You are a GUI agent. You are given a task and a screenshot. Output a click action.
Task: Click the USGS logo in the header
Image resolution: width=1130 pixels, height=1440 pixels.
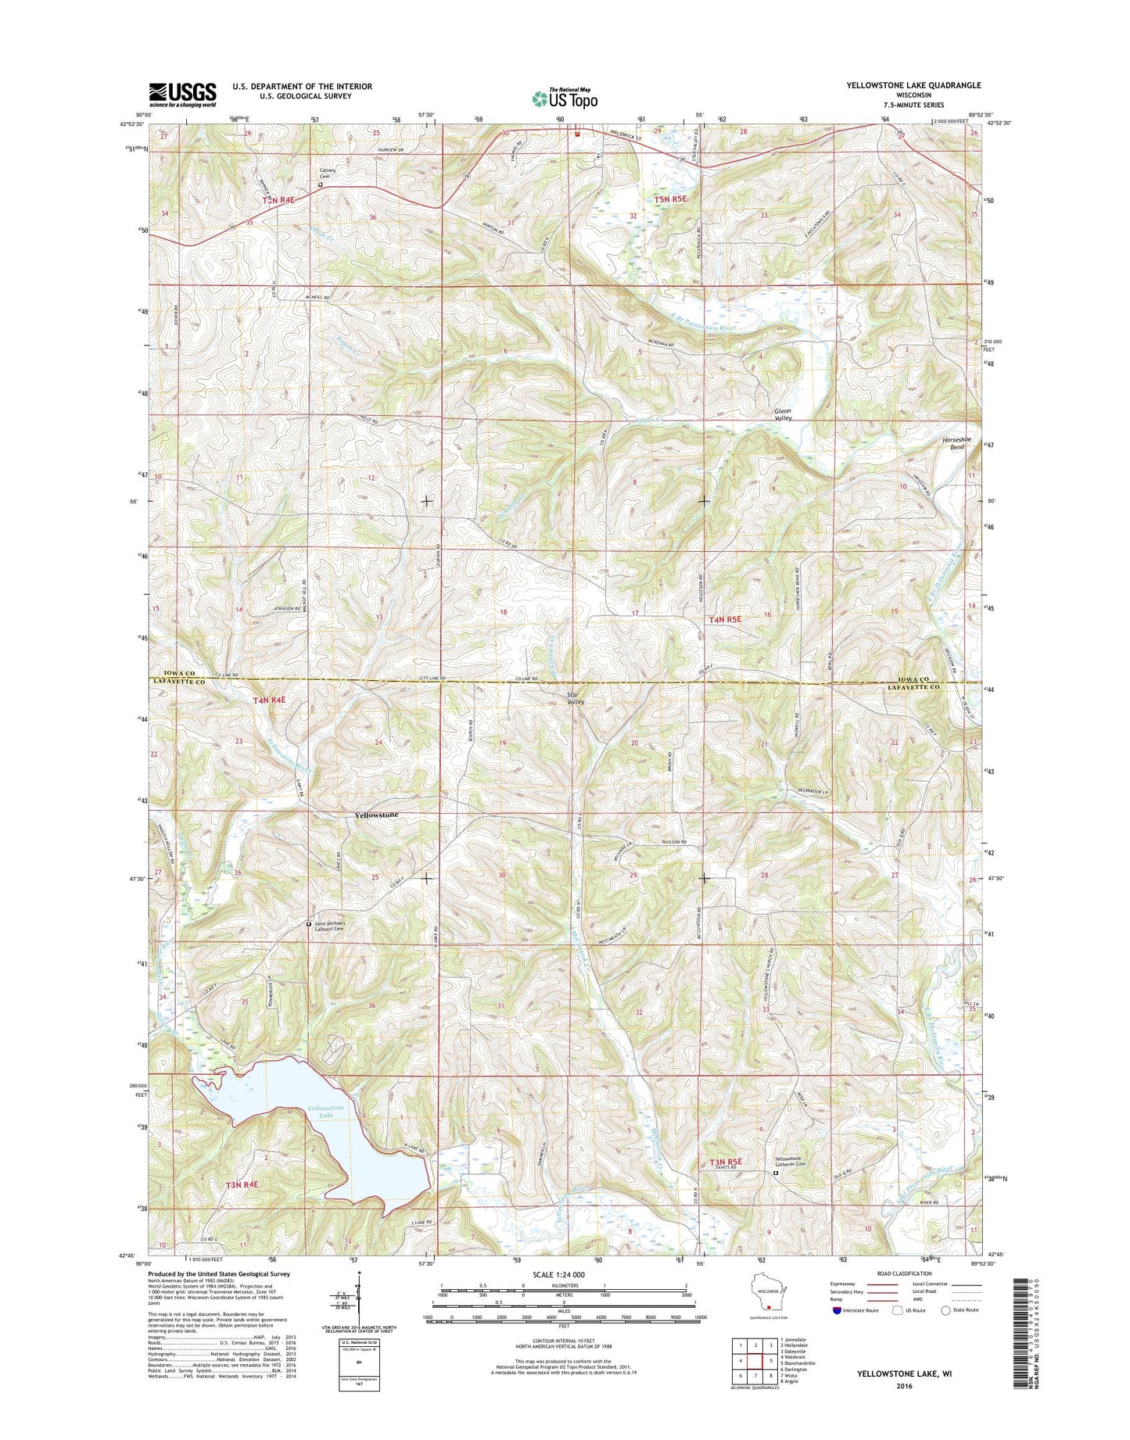pyautogui.click(x=182, y=95)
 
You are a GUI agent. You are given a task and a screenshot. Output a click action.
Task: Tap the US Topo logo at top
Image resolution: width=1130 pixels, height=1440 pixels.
pyautogui.click(x=565, y=98)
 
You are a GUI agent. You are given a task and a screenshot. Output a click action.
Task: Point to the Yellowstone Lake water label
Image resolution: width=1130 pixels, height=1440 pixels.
pyautogui.click(x=325, y=1112)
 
